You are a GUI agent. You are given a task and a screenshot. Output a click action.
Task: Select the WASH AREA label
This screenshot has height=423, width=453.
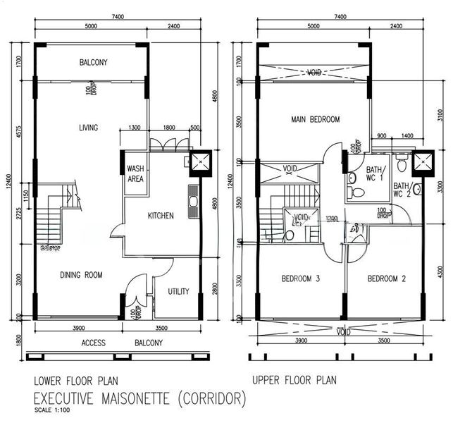(135, 174)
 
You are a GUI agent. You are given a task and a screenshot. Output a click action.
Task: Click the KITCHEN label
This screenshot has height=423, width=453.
(160, 216)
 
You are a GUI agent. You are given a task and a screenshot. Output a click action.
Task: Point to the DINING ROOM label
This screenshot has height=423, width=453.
(82, 275)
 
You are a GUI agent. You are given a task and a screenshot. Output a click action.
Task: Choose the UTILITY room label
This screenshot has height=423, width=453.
(178, 291)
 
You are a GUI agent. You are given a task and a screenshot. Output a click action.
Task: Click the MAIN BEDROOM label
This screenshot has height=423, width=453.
(315, 120)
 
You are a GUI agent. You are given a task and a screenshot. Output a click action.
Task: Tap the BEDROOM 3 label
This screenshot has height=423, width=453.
(301, 279)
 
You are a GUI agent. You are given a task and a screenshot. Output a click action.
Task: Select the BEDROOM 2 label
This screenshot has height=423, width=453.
(386, 279)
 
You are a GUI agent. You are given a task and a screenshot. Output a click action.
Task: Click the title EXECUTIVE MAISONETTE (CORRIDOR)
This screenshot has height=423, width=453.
(141, 399)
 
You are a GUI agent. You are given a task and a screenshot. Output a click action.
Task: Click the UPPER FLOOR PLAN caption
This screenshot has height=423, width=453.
(294, 380)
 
